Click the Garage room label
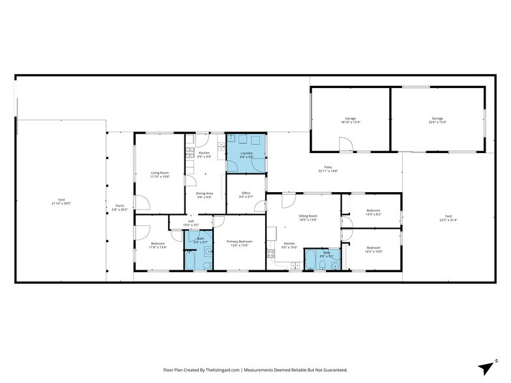click(350, 119)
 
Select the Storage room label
click(437, 119)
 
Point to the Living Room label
click(159, 173)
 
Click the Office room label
click(246, 193)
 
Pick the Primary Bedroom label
click(239, 241)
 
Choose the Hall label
click(192, 221)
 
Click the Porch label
click(119, 205)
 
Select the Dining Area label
click(205, 193)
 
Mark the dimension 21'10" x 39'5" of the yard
click(61, 204)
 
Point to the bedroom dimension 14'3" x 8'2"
click(373, 213)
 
